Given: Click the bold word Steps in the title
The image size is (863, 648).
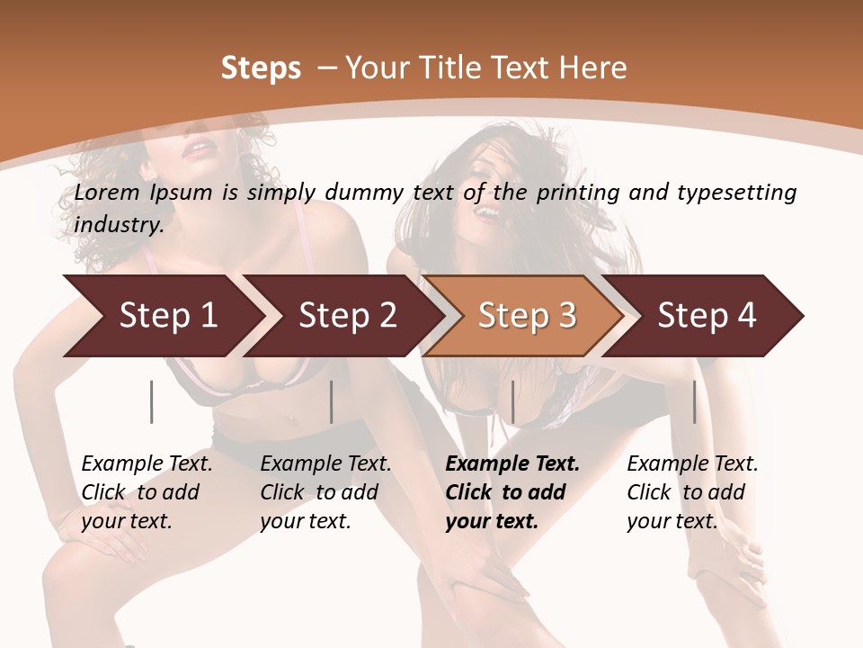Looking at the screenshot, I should pyautogui.click(x=261, y=68).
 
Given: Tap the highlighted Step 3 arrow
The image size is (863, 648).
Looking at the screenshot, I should pyautogui.click(x=527, y=316).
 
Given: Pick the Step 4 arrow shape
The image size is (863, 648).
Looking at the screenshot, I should pyautogui.click(x=707, y=316).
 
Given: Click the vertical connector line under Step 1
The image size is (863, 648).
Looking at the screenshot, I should pyautogui.click(x=152, y=401).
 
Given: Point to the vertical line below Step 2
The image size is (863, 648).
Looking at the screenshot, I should pyautogui.click(x=332, y=401).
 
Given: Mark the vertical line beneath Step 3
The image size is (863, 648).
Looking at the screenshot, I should pyautogui.click(x=512, y=401).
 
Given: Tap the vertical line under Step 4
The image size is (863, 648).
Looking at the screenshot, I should pyautogui.click(x=695, y=401).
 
